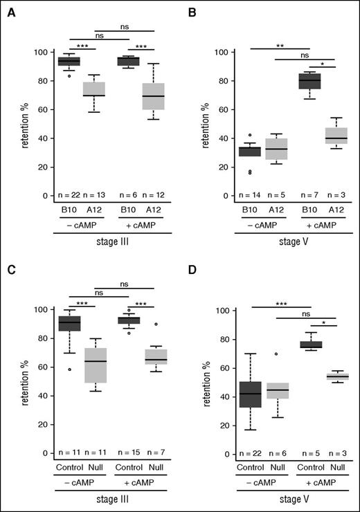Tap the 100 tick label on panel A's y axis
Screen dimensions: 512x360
[38, 53]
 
